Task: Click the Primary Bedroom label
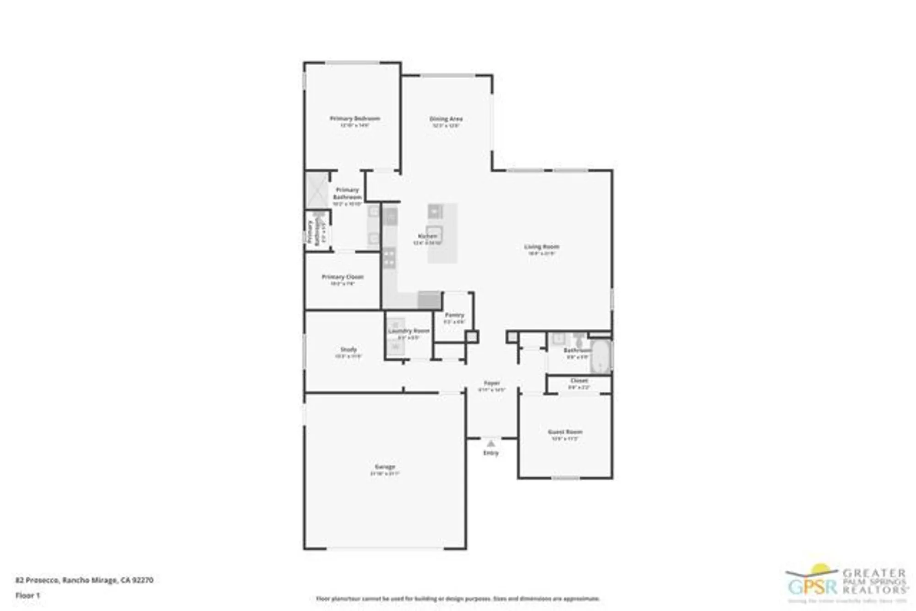click(x=354, y=119)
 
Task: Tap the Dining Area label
click(x=446, y=119)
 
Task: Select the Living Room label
click(x=541, y=247)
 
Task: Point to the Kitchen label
click(x=427, y=236)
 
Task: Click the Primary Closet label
click(x=343, y=277)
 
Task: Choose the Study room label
click(x=349, y=349)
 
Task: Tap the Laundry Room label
click(x=409, y=331)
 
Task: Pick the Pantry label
click(x=454, y=315)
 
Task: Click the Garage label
click(x=385, y=467)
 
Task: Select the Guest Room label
click(x=565, y=432)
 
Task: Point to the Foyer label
click(x=492, y=383)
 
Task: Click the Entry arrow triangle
click(x=491, y=443)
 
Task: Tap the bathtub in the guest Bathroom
click(x=600, y=357)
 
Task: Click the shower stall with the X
click(x=317, y=190)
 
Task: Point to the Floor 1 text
click(x=28, y=595)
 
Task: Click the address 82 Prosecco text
click(x=84, y=580)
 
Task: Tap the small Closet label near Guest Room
click(x=579, y=381)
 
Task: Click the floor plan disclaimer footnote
click(x=458, y=598)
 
